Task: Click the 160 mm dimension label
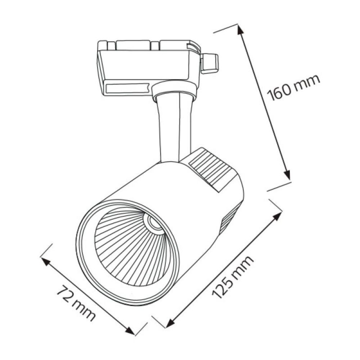(x=293, y=87)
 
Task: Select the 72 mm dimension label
(x=76, y=303)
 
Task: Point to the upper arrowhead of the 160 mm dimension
(x=240, y=30)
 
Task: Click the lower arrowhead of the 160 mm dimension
(x=287, y=175)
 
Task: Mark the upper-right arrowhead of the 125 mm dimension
(x=277, y=216)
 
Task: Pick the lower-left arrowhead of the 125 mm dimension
(x=170, y=323)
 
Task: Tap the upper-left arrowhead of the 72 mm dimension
(x=46, y=261)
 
